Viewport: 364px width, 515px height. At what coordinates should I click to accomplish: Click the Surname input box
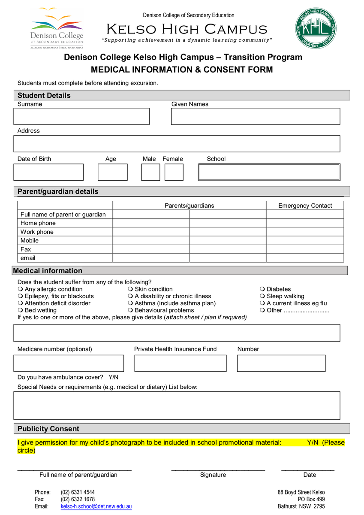[x=81, y=116]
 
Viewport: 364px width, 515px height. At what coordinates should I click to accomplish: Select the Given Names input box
[x=256, y=116]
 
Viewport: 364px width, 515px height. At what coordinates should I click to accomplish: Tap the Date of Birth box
[x=48, y=172]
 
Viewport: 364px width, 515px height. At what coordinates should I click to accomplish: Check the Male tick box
[x=150, y=172]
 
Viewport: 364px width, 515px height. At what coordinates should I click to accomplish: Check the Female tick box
[x=174, y=172]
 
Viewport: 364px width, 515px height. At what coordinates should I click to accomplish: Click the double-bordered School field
[x=269, y=172]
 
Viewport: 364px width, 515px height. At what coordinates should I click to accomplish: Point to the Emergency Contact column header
[x=305, y=206]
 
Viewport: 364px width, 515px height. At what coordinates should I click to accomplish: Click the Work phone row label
[x=37, y=232]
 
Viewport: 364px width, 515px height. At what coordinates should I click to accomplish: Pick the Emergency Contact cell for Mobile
[x=305, y=240]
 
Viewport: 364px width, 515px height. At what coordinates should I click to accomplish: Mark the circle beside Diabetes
[x=262, y=289]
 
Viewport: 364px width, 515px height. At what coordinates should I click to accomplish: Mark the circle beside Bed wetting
[x=20, y=310]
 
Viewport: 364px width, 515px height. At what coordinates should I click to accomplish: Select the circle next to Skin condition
[x=130, y=289]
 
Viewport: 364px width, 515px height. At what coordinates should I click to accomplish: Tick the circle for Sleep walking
[x=262, y=296]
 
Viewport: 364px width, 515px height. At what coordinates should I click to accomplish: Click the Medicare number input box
[x=69, y=363]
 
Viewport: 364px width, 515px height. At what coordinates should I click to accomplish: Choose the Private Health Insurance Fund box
[x=180, y=363]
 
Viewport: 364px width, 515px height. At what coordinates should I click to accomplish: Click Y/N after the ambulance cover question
[x=113, y=377]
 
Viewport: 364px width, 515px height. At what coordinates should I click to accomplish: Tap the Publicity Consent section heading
[x=48, y=429]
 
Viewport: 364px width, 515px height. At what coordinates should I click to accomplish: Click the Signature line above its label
[x=218, y=470]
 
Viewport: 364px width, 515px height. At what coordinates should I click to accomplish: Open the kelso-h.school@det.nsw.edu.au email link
[x=96, y=506]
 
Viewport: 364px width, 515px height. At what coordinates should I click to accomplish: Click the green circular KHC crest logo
[x=315, y=29]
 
